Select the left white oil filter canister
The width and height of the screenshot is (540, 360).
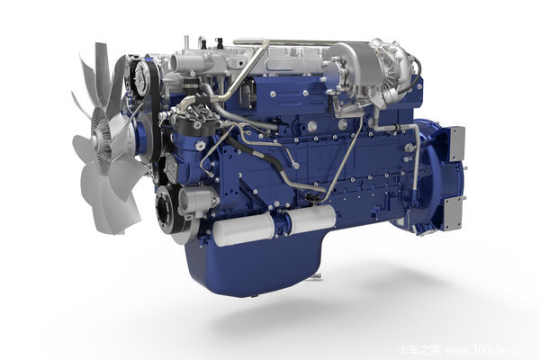click(x=244, y=229)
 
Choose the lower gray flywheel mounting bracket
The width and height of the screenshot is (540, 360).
click(x=453, y=214)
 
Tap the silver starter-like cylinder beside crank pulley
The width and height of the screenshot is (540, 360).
click(x=197, y=200)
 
